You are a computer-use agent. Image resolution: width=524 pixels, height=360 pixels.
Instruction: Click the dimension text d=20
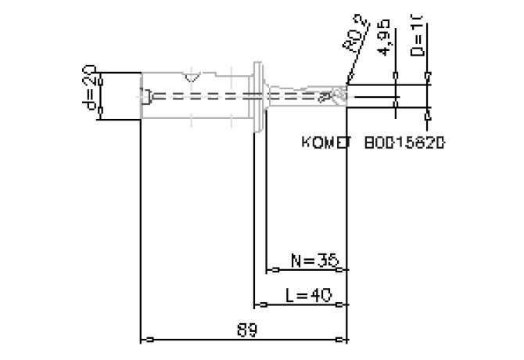click(x=89, y=92)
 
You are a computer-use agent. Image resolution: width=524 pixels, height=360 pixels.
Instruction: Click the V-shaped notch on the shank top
click(x=190, y=77)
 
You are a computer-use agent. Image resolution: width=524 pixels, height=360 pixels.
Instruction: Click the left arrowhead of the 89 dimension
click(x=144, y=340)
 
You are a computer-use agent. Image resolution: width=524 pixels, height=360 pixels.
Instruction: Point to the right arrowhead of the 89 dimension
click(x=344, y=340)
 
